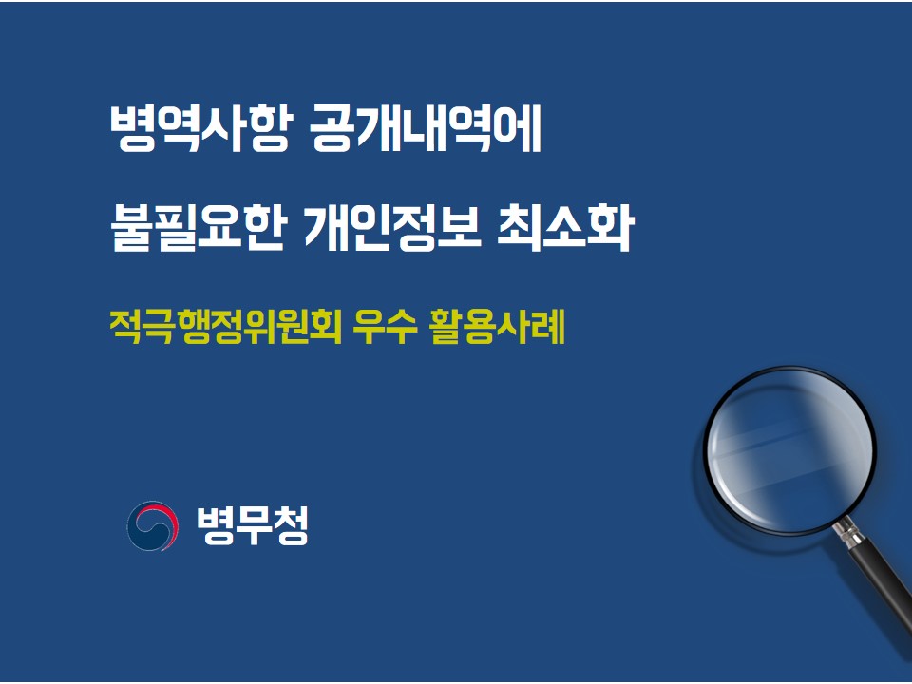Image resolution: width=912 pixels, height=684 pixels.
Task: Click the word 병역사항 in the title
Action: pos(199,128)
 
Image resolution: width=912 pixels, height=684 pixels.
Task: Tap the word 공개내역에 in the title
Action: pos(426,128)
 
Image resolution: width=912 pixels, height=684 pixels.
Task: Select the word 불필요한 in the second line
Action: pos(198,227)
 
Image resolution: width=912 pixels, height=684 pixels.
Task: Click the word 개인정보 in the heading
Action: pos(393,227)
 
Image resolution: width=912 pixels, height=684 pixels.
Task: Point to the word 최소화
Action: pos(564,227)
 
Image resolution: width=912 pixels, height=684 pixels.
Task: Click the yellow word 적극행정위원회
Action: pos(225,327)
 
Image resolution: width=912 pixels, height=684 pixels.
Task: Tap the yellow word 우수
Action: pos(385,327)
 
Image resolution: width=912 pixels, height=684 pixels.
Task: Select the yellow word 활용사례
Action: pos(497,327)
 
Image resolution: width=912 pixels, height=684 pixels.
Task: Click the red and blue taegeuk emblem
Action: pos(152,525)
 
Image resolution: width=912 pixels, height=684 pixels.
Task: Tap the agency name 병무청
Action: pos(253,525)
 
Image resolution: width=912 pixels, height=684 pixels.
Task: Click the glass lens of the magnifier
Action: pos(789,450)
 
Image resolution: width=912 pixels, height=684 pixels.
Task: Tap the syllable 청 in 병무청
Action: pos(291,525)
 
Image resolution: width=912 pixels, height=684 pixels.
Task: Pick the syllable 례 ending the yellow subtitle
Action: pos(548,327)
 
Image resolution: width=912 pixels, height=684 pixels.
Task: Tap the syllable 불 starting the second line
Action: pos(131,227)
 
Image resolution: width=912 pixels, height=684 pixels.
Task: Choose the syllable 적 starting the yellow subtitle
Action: pos(125,327)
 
